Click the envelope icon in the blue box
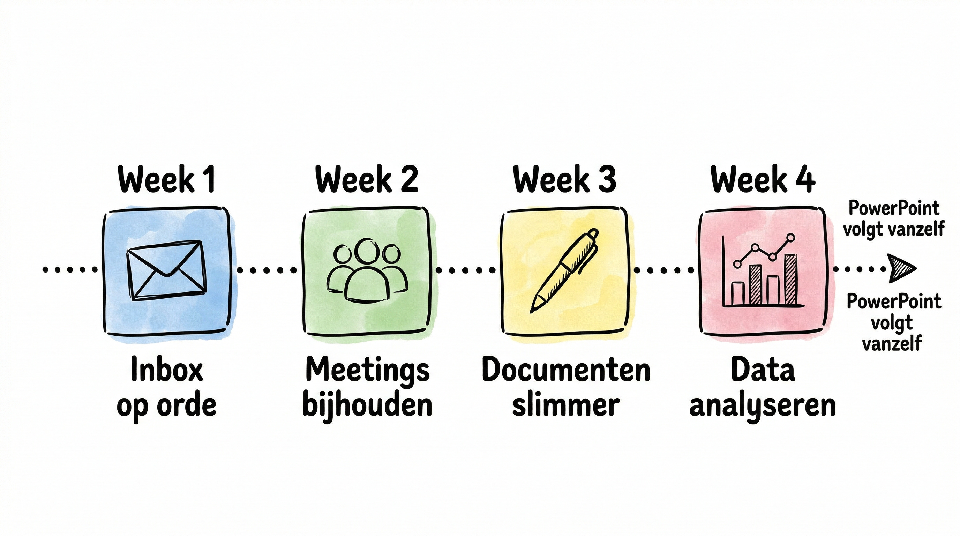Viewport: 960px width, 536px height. [x=166, y=270]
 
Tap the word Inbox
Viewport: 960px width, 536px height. [x=167, y=370]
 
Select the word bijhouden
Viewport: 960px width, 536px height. [x=367, y=406]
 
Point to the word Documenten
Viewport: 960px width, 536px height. [x=566, y=370]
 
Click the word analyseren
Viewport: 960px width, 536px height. [x=763, y=406]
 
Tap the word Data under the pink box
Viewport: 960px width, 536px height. [x=763, y=370]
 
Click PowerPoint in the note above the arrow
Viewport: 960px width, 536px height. [x=894, y=208]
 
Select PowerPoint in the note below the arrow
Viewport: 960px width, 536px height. [x=894, y=301]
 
